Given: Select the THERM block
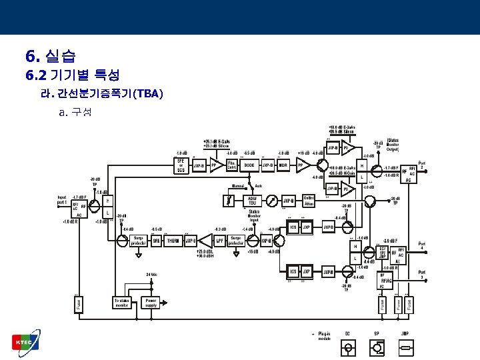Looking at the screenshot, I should [173, 241].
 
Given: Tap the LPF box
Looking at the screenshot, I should [219, 241].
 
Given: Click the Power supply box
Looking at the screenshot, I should [152, 302].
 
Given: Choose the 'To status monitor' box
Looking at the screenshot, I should [122, 302].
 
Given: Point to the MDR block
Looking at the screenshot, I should [283, 165].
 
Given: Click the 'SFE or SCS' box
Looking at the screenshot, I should [180, 165].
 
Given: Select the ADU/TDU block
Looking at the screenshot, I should [252, 200].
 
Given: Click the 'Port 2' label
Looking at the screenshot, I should [422, 165].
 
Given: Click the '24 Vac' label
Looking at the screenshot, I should [152, 275].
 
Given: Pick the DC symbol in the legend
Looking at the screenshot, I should [347, 347].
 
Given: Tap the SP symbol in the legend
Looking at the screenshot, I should [377, 347].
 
